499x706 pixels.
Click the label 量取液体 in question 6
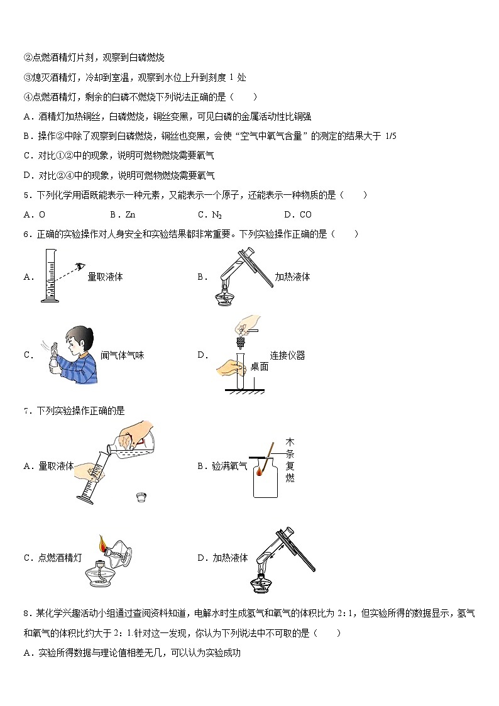[x=105, y=277]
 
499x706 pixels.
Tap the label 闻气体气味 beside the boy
[x=123, y=355]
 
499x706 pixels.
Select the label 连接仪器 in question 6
[x=287, y=355]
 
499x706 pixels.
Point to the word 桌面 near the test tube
[x=259, y=367]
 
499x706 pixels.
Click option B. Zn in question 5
[x=123, y=214]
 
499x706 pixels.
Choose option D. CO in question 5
[x=297, y=214]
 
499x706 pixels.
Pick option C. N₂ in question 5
[x=210, y=214]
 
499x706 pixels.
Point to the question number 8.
[x=26, y=613]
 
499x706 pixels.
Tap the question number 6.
[x=26, y=234]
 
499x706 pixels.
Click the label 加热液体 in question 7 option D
[x=230, y=557]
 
